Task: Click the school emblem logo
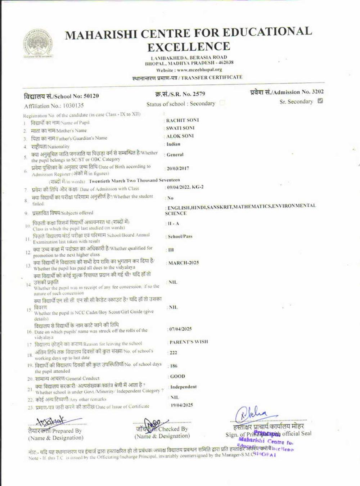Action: point(38,43)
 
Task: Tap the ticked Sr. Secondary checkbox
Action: point(320,101)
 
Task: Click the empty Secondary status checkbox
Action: point(222,103)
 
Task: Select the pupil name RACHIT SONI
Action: point(183,120)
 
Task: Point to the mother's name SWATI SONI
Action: point(180,128)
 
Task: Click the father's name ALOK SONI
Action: point(180,136)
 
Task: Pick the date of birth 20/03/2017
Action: point(178,168)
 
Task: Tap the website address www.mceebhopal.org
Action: point(199,70)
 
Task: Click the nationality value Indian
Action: point(174,144)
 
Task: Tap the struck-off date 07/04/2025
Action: point(180,329)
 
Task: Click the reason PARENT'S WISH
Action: point(189,342)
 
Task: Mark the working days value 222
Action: point(174,352)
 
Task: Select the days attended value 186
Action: point(174,366)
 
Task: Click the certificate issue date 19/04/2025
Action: point(182,405)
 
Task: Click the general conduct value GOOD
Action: point(177,376)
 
